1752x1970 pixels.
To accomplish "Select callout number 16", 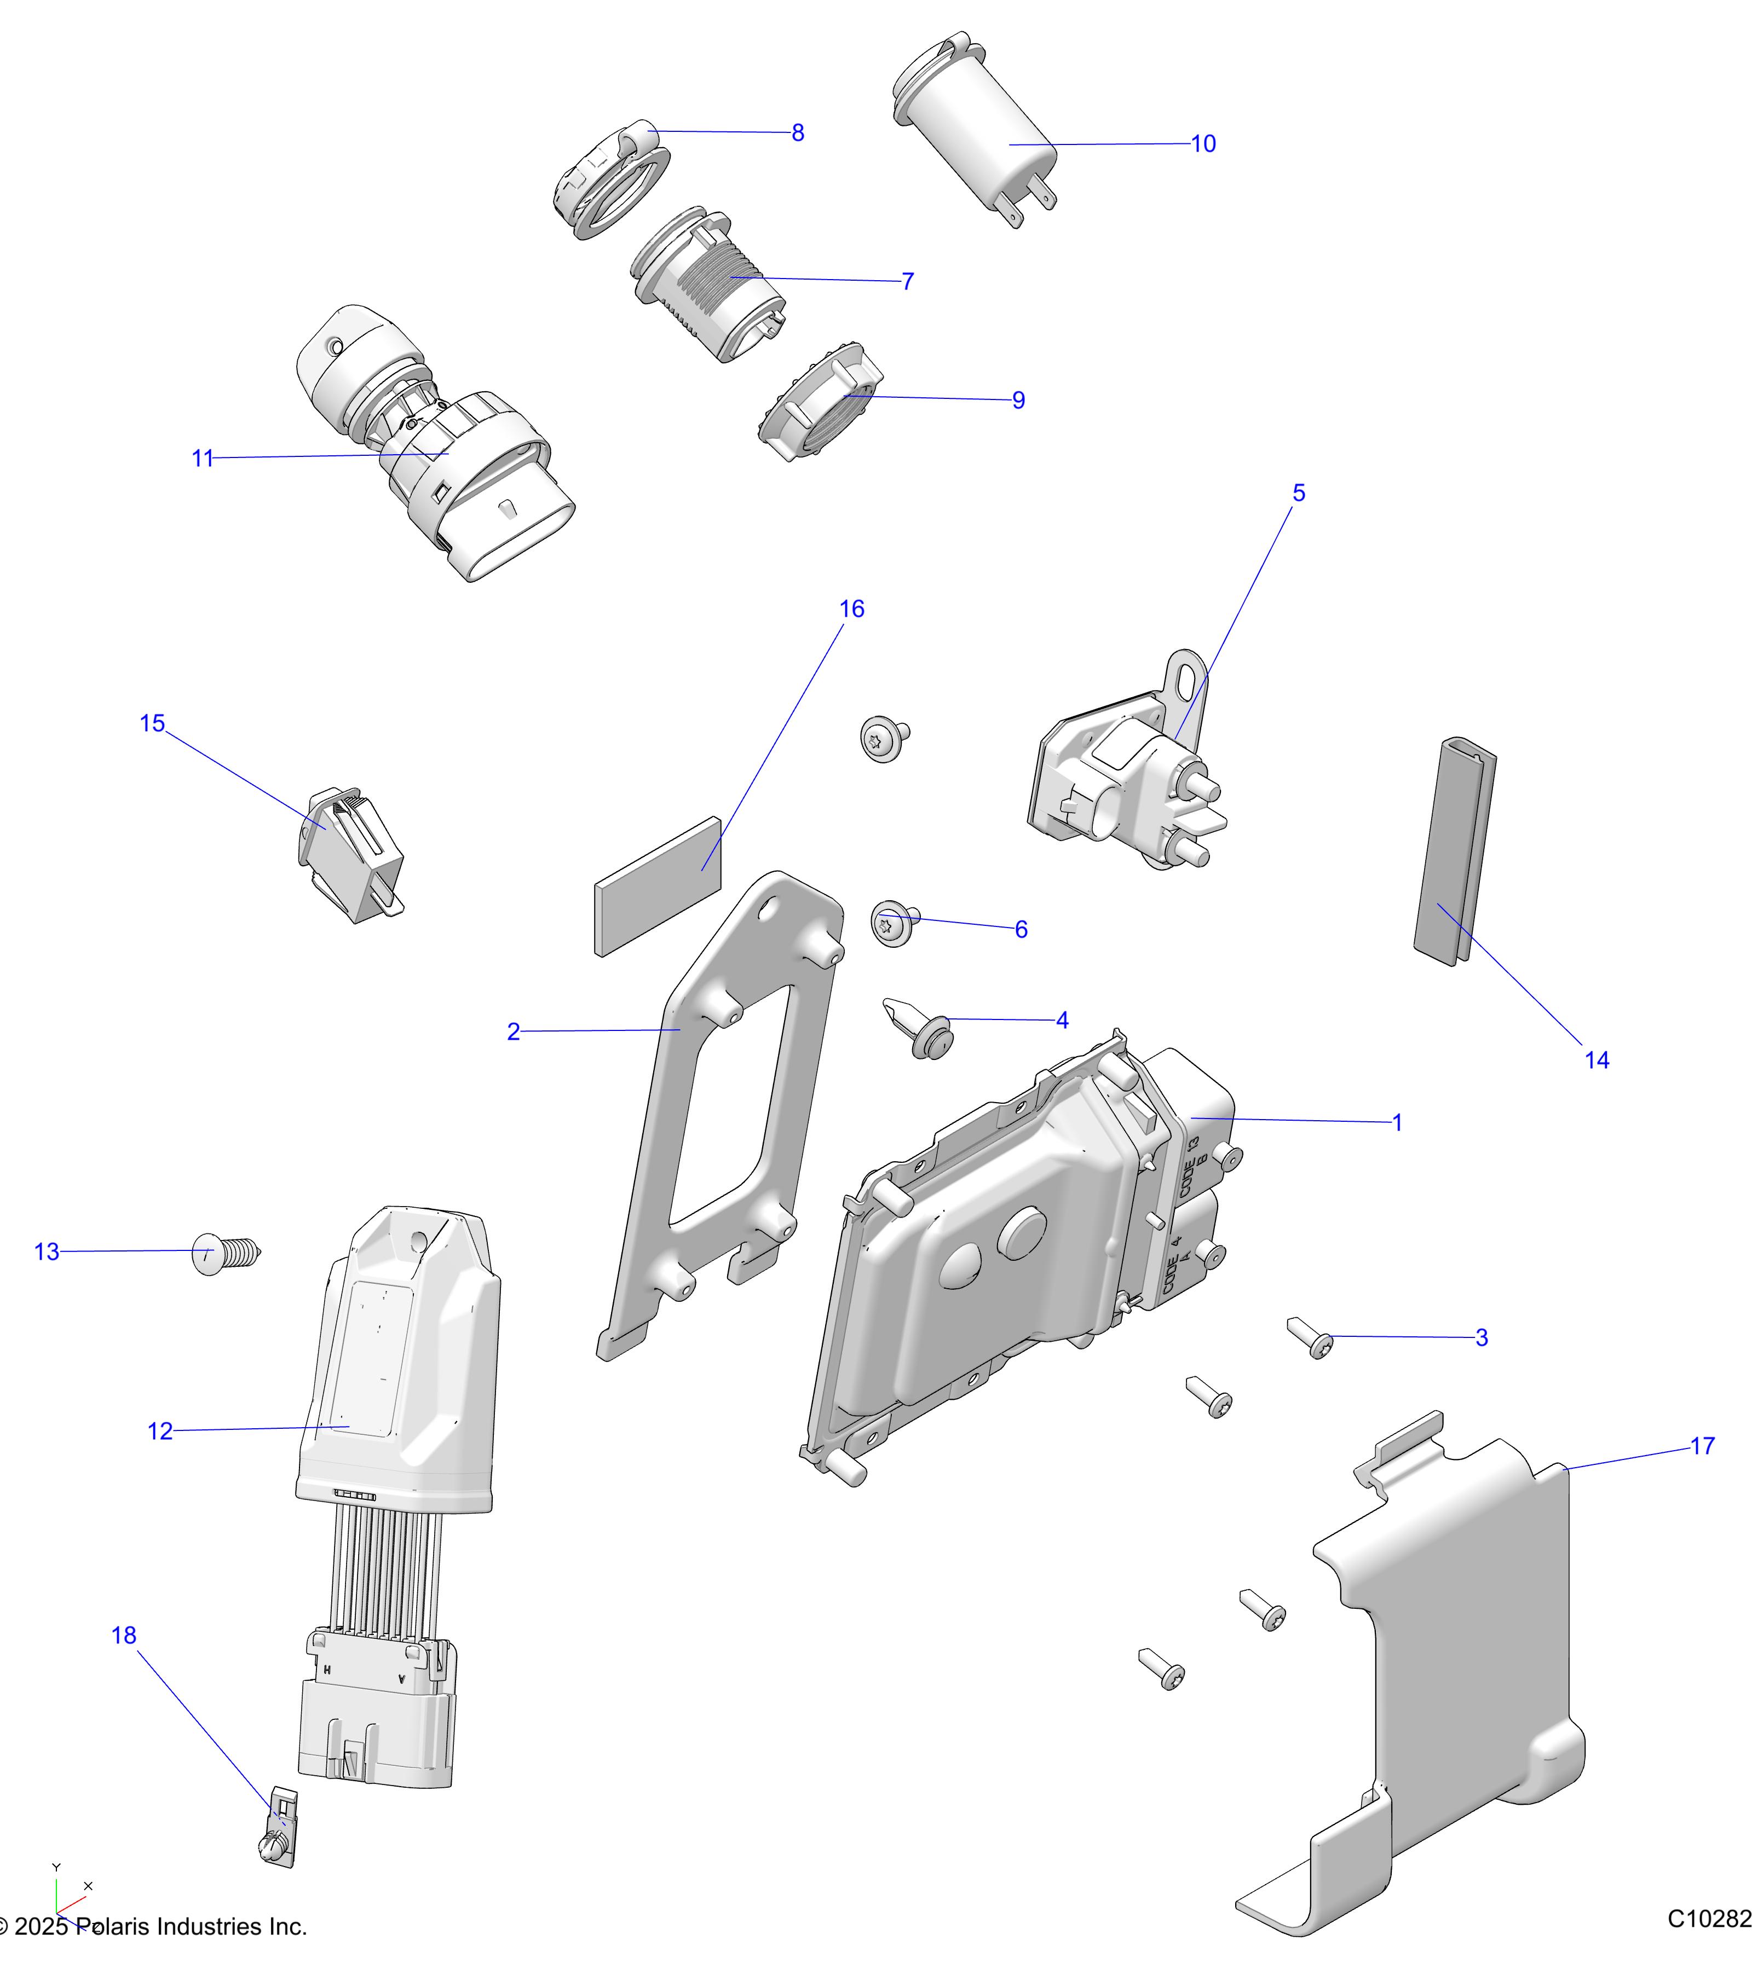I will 851,609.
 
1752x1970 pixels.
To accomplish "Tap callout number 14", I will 1597,1060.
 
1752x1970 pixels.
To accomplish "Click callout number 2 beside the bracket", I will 513,1032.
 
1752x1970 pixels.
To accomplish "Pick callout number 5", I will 1298,494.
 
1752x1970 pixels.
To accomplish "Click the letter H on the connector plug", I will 328,1668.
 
